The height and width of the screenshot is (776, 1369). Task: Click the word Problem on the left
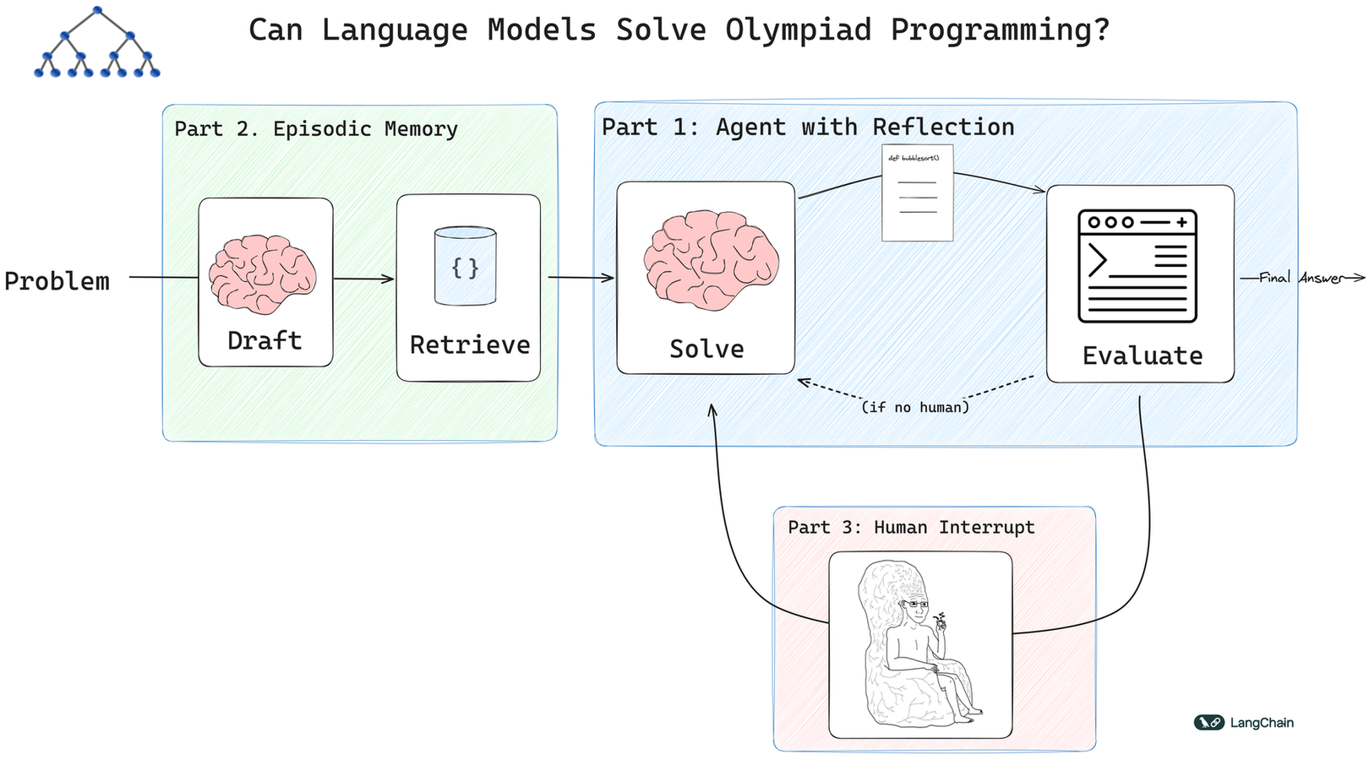57,281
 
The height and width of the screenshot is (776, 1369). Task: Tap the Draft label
265,340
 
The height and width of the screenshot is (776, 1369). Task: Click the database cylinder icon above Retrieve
465,266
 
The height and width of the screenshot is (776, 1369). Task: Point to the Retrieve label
470,345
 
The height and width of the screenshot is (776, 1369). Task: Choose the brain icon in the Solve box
711,260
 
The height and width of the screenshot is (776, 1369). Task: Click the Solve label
706,349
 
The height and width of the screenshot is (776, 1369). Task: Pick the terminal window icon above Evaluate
1137,266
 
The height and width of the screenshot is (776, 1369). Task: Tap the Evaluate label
1143,355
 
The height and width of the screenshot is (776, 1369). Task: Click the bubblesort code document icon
918,193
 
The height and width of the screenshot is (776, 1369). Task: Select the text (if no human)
915,407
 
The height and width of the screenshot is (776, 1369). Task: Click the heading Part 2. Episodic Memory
316,129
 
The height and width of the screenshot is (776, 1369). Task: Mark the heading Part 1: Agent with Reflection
808,128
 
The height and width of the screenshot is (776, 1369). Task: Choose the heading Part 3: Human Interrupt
911,528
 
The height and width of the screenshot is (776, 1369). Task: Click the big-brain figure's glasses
915,603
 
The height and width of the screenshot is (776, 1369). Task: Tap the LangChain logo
1244,723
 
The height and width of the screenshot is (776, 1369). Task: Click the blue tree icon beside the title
97,42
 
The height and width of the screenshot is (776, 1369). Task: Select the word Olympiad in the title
799,30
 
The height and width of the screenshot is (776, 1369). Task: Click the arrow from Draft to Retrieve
364,279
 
